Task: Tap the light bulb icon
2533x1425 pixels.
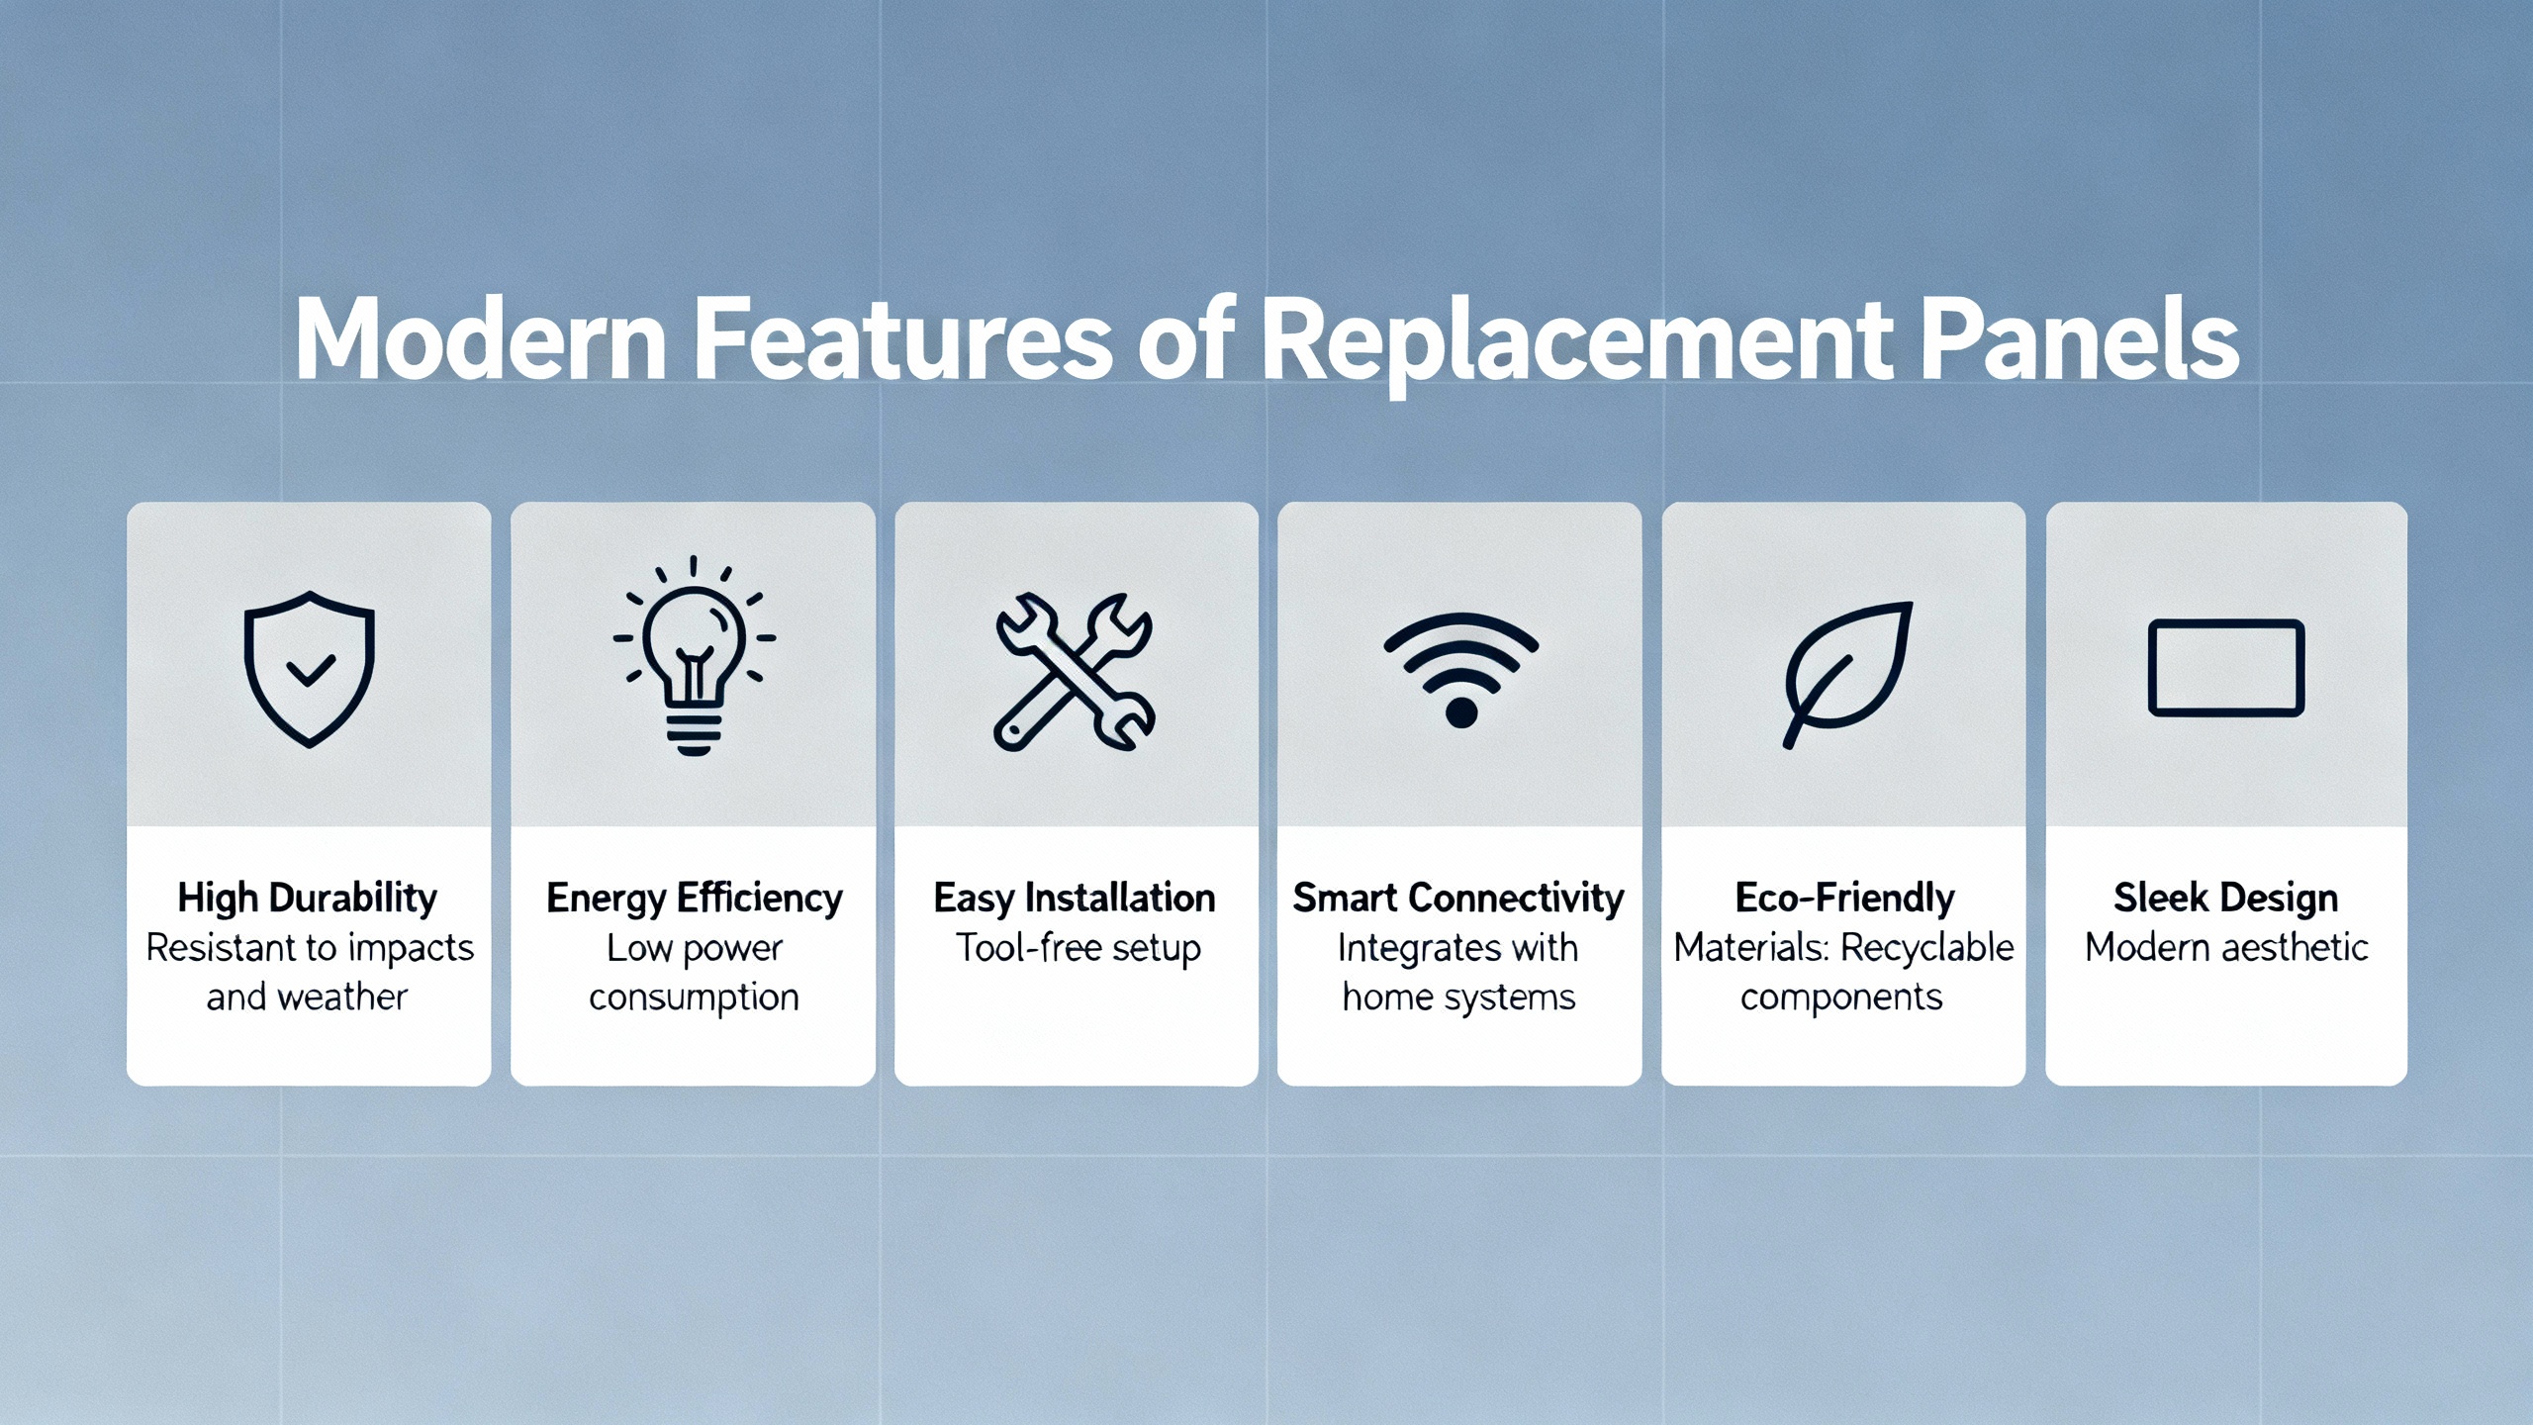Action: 694,656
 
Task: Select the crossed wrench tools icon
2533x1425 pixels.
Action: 1075,672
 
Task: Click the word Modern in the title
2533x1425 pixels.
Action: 482,339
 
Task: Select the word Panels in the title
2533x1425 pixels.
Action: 2080,339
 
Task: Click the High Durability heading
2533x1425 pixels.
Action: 308,899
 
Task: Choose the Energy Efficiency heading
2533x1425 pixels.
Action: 695,899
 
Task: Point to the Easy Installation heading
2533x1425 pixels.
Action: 1075,899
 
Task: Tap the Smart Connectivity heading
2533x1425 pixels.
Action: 1458,899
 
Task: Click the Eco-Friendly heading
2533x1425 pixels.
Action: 1845,899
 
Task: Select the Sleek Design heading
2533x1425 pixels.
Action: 2226,899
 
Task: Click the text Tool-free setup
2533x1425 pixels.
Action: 1078,948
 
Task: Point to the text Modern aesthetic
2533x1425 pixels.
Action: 2226,948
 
